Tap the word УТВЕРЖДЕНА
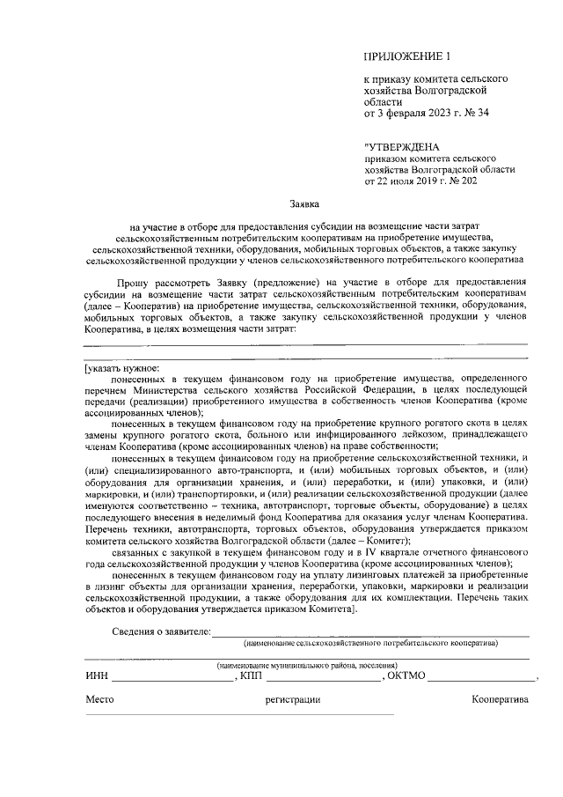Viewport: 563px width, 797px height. click(406, 145)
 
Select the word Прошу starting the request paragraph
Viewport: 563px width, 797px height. click(137, 282)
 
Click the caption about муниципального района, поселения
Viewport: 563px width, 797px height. click(307, 664)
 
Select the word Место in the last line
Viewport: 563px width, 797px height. click(99, 699)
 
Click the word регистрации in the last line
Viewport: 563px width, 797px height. click(292, 699)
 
